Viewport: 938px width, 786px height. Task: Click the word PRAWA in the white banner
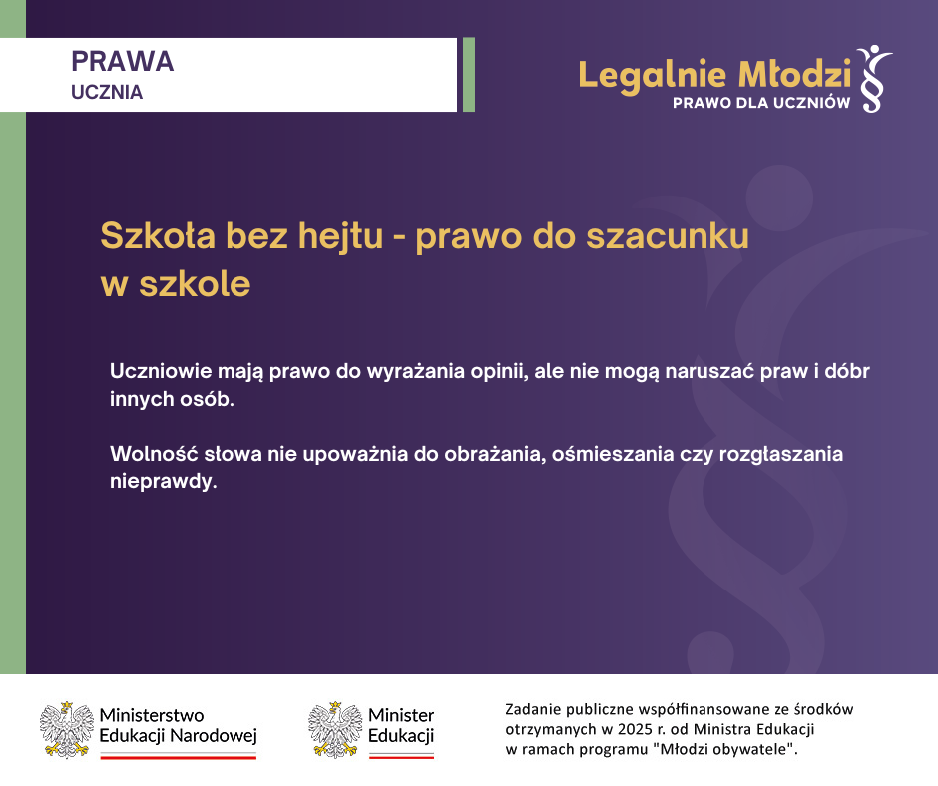pyautogui.click(x=122, y=61)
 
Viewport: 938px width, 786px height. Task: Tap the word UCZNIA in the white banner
pyautogui.click(x=107, y=92)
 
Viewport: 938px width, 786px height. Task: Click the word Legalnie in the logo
pyautogui.click(x=653, y=76)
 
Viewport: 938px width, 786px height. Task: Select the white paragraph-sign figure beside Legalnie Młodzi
pyautogui.click(x=874, y=79)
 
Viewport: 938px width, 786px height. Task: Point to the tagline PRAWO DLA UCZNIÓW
pyautogui.click(x=761, y=103)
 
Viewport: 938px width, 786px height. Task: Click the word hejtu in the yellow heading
pyautogui.click(x=340, y=236)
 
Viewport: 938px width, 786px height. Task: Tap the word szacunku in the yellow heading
pyautogui.click(x=667, y=236)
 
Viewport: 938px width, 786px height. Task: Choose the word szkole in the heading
pyautogui.click(x=195, y=284)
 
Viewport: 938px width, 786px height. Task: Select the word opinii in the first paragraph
pyautogui.click(x=498, y=372)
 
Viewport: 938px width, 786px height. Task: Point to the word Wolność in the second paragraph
pyautogui.click(x=154, y=454)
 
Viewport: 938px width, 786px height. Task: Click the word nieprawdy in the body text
pyautogui.click(x=163, y=482)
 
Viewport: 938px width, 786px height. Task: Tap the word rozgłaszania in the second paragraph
pyautogui.click(x=780, y=454)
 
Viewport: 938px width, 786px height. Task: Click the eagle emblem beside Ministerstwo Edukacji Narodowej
pyautogui.click(x=67, y=730)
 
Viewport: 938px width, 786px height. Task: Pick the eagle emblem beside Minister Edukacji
pyautogui.click(x=335, y=730)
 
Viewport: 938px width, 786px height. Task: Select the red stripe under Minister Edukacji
pyautogui.click(x=401, y=757)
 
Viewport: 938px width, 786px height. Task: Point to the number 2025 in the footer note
pyautogui.click(x=635, y=730)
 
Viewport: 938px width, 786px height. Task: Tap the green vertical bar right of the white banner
pyautogui.click(x=469, y=75)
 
